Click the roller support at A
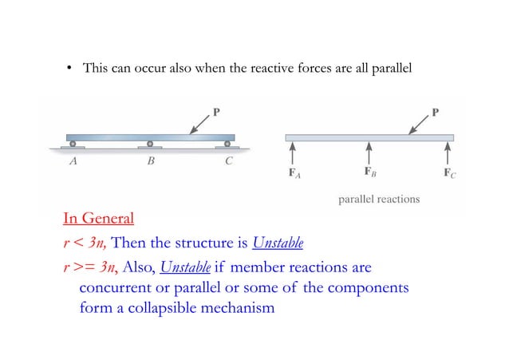click(x=73, y=145)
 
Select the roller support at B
click(x=150, y=145)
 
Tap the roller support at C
click(x=227, y=145)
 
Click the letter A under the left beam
click(x=73, y=160)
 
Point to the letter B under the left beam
click(x=150, y=160)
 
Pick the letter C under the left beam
click(x=228, y=160)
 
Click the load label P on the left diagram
click(x=215, y=111)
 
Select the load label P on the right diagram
click(x=436, y=111)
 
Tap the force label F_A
click(x=294, y=172)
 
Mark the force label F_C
click(x=450, y=172)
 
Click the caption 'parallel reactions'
click(x=379, y=199)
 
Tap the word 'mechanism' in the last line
click(x=239, y=306)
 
